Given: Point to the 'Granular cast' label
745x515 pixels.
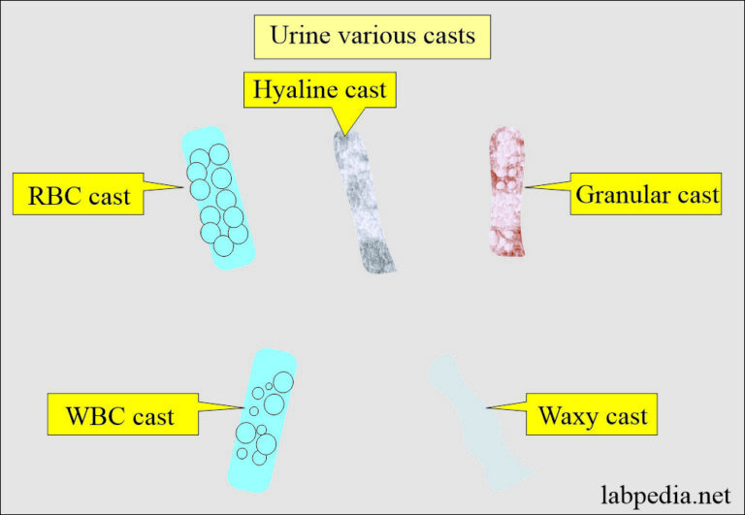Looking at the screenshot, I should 647,194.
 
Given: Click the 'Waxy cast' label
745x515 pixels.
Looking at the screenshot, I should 592,418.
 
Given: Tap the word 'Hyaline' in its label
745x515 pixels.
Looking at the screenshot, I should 292,91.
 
